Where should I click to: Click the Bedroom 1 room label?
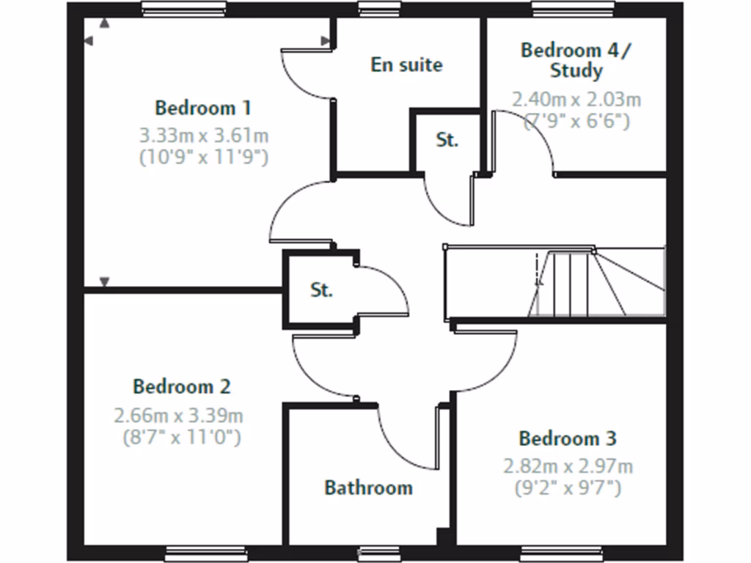pyautogui.click(x=203, y=108)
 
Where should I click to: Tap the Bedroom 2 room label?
pyautogui.click(x=182, y=386)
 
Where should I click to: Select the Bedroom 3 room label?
pyautogui.click(x=568, y=439)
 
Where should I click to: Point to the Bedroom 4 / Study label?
pyautogui.click(x=576, y=60)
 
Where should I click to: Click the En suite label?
pyautogui.click(x=406, y=65)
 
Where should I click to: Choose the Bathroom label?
pyautogui.click(x=368, y=487)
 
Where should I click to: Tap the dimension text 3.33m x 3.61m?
pyautogui.click(x=203, y=135)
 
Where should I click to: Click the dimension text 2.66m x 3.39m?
pyautogui.click(x=179, y=416)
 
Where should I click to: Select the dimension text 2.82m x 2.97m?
pyautogui.click(x=568, y=466)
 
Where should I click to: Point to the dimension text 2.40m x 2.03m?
pyautogui.click(x=576, y=99)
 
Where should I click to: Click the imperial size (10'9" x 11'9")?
pyautogui.click(x=203, y=156)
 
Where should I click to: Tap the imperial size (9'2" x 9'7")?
pyautogui.click(x=568, y=487)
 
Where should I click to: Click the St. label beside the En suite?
pyautogui.click(x=447, y=140)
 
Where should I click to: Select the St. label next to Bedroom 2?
pyautogui.click(x=321, y=290)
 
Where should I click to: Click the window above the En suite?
pyautogui.click(x=379, y=9)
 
